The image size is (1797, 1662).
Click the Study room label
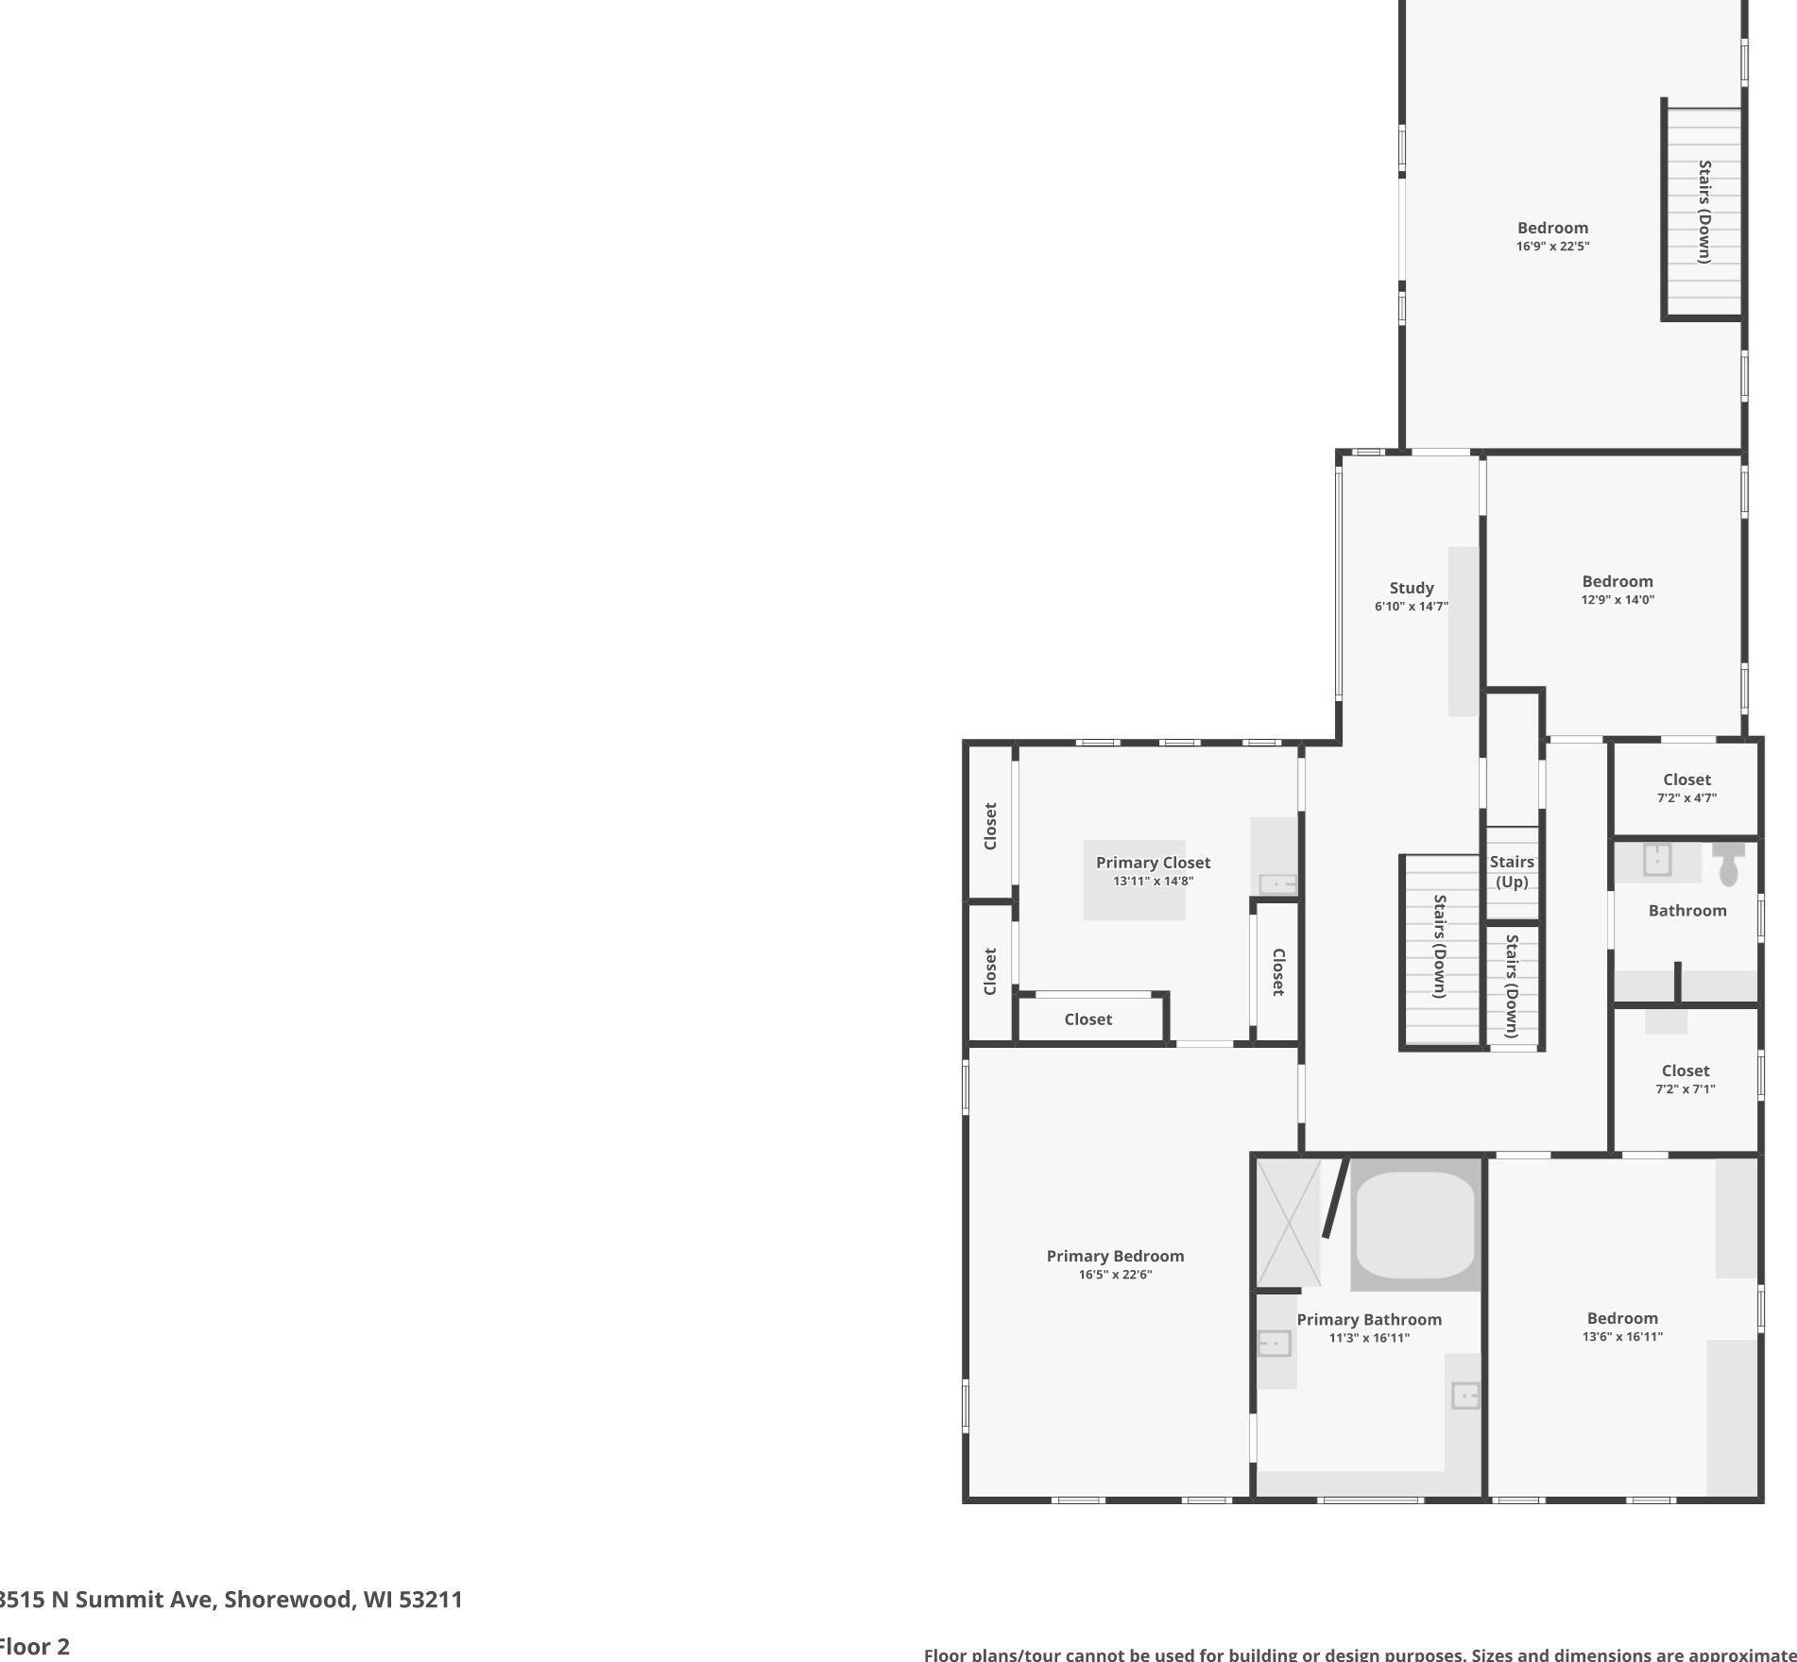tap(1411, 588)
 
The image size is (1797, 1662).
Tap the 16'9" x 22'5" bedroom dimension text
tap(1552, 247)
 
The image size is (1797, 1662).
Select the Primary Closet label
tap(1153, 863)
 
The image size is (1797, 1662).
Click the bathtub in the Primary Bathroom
tap(1414, 1224)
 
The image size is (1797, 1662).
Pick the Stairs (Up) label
tap(1512, 872)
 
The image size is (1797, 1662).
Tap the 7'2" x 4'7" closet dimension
tap(1686, 798)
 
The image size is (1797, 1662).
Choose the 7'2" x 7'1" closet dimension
tap(1685, 1089)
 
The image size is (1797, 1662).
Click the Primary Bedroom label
tap(1115, 1256)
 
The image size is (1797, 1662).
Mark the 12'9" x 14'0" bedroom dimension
tap(1617, 600)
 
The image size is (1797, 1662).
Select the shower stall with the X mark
tap(1288, 1224)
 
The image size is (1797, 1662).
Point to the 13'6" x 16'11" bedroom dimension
tap(1622, 1337)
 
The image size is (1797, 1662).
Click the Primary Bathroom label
tap(1369, 1320)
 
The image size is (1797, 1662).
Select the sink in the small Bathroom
tap(1657, 860)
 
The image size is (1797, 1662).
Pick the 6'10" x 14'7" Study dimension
tap(1411, 607)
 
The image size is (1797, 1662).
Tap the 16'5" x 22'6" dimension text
tap(1115, 1275)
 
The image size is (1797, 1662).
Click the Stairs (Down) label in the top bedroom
tap(1704, 212)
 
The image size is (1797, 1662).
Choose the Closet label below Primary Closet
tap(1087, 1019)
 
